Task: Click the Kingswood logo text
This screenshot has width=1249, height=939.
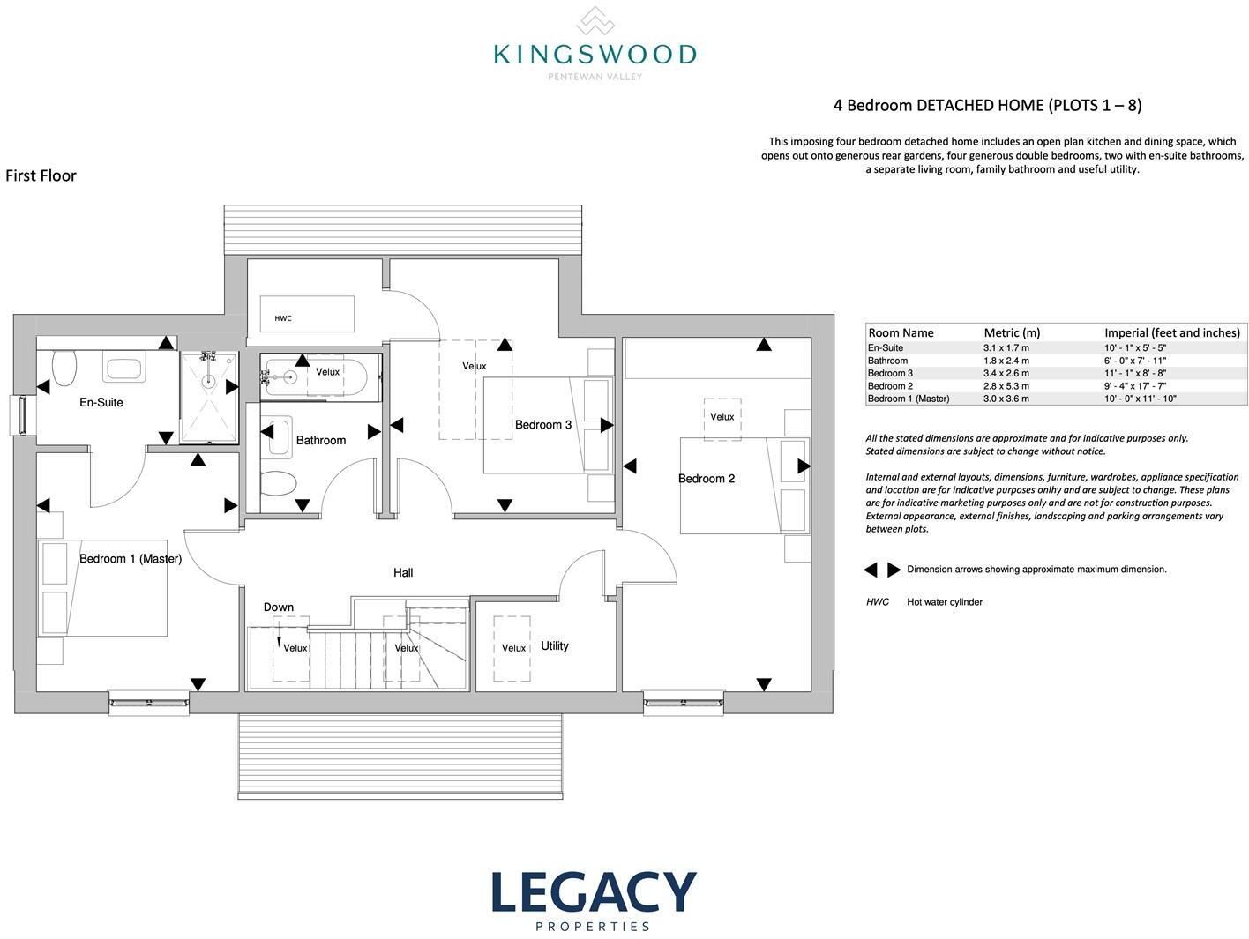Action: tap(595, 55)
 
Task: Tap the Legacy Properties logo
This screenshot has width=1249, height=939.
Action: tap(594, 901)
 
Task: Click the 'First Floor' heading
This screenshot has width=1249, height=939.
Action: tap(41, 175)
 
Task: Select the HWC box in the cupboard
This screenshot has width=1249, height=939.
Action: tap(307, 313)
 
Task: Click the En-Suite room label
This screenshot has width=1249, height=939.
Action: tap(101, 403)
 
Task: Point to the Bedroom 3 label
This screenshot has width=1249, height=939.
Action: tap(542, 425)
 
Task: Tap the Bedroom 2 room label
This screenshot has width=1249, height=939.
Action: tap(707, 479)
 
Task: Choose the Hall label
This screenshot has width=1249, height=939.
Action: tap(403, 573)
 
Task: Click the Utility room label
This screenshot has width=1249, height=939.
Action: tap(554, 646)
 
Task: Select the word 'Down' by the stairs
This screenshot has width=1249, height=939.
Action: tap(278, 607)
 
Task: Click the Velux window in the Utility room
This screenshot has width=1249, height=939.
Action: tap(512, 648)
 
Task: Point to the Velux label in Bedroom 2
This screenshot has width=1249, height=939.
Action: tap(722, 417)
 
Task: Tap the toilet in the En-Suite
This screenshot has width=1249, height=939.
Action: tap(64, 368)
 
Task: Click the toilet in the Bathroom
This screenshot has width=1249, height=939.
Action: tap(279, 483)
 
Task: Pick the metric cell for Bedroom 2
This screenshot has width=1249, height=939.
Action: tap(1006, 386)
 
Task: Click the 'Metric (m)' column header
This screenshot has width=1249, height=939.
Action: tap(1012, 332)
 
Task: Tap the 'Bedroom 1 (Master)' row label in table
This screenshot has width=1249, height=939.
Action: tap(909, 399)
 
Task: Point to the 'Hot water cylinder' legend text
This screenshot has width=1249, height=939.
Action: tap(945, 601)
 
